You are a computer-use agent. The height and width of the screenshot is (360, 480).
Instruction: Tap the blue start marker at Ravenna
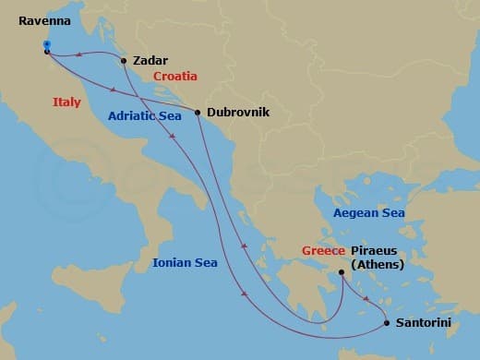[46, 43]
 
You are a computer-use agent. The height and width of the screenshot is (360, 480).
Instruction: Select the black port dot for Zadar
[124, 62]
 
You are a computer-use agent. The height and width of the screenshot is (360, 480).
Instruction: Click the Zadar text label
[150, 60]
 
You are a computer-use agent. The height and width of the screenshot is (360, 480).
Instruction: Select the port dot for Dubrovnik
[198, 113]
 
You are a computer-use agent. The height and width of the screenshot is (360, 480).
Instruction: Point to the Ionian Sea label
[186, 263]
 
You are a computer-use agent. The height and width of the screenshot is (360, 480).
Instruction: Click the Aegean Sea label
[368, 213]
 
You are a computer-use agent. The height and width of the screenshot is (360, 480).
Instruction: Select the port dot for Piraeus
[342, 271]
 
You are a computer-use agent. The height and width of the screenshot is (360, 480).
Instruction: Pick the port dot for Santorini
[386, 323]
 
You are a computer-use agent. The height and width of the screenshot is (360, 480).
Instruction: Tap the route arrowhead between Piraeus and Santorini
[367, 299]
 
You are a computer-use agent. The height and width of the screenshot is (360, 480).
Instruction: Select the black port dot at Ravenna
[46, 52]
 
